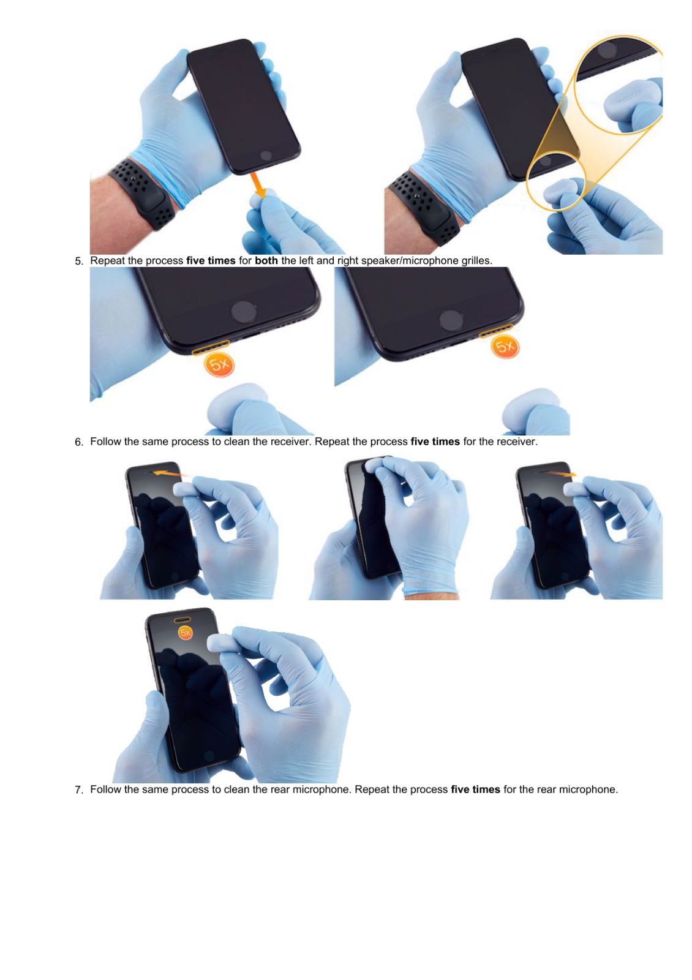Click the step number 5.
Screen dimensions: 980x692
[78, 261]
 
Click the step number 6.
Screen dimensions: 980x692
[78, 442]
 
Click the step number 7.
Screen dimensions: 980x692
[78, 790]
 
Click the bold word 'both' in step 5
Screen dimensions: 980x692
[266, 260]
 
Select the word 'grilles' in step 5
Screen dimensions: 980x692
[475, 260]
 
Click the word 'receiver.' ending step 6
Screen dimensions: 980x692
[517, 442]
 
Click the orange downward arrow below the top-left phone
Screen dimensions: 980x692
[258, 185]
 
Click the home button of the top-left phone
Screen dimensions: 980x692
[266, 156]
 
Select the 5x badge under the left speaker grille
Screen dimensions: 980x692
[219, 365]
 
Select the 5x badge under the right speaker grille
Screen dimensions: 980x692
[505, 347]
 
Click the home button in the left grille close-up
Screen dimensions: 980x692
[243, 312]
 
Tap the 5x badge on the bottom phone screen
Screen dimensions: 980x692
[185, 633]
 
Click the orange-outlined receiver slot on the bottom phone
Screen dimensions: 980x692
[183, 619]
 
